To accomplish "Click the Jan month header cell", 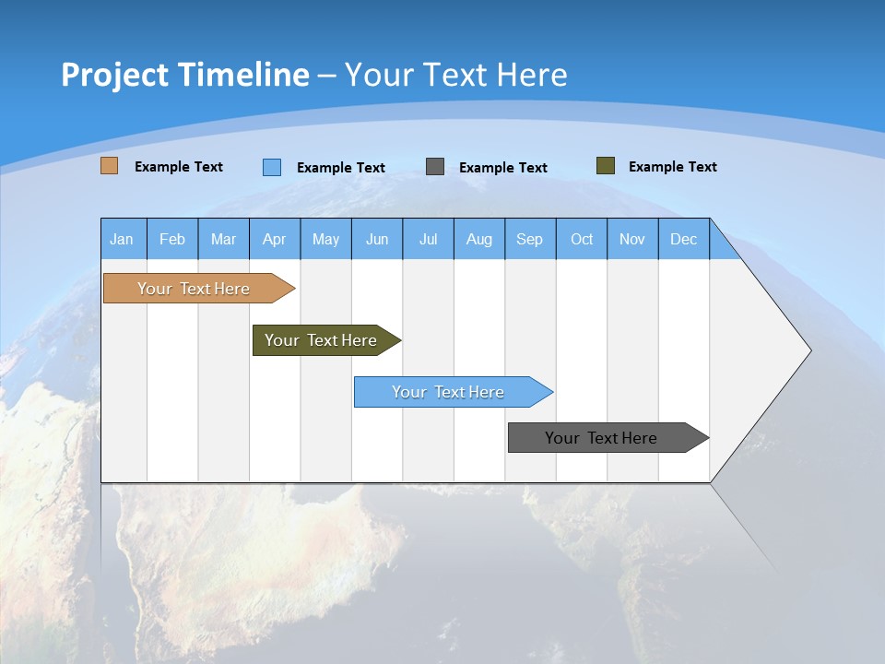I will coord(123,239).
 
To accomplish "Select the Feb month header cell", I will coord(172,239).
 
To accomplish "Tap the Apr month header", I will coord(275,239).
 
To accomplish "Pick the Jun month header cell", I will coord(377,239).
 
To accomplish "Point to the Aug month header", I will coord(479,239).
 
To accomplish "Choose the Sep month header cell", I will coord(530,239).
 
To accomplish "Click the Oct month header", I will coord(582,239).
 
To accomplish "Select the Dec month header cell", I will coord(684,239).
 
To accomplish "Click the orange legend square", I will coord(110,166).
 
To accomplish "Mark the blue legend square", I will coord(272,167).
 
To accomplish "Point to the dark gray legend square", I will coord(435,167).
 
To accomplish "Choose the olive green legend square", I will coord(606,166).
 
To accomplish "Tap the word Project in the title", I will coord(114,75).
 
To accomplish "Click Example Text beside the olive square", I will coord(672,167).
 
